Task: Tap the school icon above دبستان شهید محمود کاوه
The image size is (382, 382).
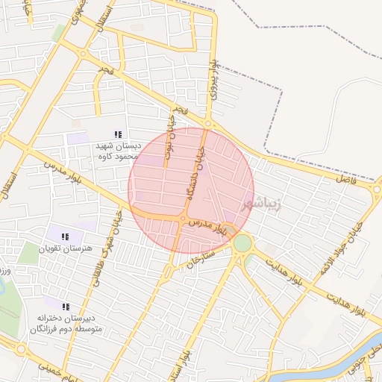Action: (x=117, y=134)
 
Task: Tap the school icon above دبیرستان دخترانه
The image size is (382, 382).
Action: (x=66, y=307)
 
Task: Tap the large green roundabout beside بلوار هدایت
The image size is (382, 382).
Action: (x=242, y=243)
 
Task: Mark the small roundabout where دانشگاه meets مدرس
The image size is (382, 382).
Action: (x=183, y=218)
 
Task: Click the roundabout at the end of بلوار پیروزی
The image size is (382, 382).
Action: (x=207, y=124)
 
